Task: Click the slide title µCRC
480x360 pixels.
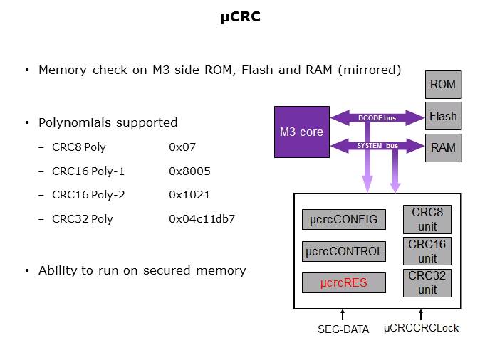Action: coord(240,16)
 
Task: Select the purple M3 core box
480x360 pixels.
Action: coord(302,132)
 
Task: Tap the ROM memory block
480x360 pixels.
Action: coord(442,85)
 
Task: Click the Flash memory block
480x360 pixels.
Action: coord(442,116)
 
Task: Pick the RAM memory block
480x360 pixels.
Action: coord(442,147)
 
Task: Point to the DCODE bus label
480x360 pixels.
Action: coord(377,117)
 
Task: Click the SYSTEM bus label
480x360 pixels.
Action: coord(377,146)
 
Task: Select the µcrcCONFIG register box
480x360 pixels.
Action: coord(344,218)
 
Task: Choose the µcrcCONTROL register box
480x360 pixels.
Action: coord(344,250)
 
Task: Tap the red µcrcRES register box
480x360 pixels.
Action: coord(344,282)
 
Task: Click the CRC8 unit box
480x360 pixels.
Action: coord(427,219)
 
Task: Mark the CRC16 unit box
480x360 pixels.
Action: coord(427,251)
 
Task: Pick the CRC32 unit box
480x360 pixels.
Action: coord(427,282)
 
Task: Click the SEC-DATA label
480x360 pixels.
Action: coord(343,329)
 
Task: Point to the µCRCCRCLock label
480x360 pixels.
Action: coord(420,329)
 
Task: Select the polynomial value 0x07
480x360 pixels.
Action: coord(182,147)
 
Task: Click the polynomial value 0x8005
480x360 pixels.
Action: coord(189,171)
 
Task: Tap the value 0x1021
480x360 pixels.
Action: coord(189,195)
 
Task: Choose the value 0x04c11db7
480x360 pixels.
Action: coord(202,218)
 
